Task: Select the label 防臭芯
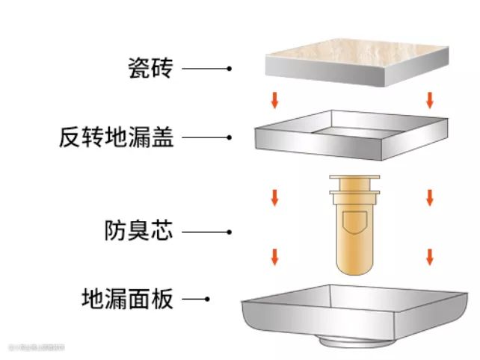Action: [x=138, y=231]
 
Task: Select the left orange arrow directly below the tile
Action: [x=275, y=99]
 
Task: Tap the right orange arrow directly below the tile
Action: [x=429, y=99]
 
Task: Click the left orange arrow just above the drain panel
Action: [x=275, y=257]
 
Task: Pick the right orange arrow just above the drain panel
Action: [x=429, y=257]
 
